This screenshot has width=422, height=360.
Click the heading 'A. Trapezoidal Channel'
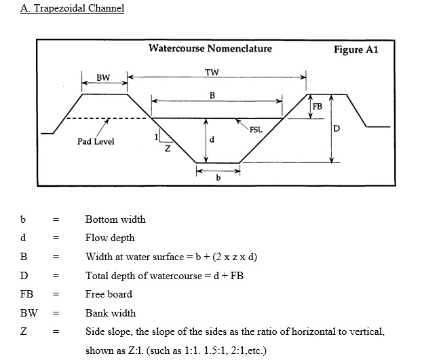coord(72,10)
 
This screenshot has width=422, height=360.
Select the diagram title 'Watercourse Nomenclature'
coord(210,48)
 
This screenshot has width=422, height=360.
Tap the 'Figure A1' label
coord(356,50)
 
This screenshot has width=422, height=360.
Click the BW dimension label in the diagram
coord(103,77)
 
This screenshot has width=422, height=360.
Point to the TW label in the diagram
coord(212,72)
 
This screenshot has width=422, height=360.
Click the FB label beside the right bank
coord(317,106)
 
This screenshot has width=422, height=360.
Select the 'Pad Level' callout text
coord(96,141)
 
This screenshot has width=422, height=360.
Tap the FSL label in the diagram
coord(256,129)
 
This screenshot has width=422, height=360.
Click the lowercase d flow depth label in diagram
coord(213,140)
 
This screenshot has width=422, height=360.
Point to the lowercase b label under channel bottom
coord(218,178)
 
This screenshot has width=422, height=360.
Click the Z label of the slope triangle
coord(167,148)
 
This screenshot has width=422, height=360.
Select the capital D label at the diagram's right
coord(337,128)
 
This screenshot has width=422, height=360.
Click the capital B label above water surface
coord(212,94)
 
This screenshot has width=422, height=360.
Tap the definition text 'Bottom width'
coord(115,219)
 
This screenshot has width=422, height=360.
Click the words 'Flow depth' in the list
coord(110,238)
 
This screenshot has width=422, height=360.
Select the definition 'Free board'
coord(109,294)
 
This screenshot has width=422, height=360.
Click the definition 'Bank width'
coord(111,313)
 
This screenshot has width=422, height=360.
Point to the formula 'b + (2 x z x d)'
coord(222,257)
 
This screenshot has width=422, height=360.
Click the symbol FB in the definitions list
coord(27,294)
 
